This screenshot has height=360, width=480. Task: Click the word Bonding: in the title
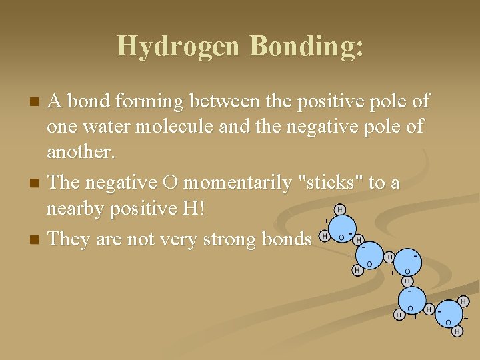[305, 46]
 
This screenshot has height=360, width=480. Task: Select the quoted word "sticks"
[329, 182]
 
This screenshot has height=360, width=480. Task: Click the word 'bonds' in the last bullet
[286, 238]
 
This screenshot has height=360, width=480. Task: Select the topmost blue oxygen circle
[341, 231]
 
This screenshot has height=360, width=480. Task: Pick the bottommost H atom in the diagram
[457, 331]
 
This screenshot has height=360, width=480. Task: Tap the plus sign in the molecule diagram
[415, 317]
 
